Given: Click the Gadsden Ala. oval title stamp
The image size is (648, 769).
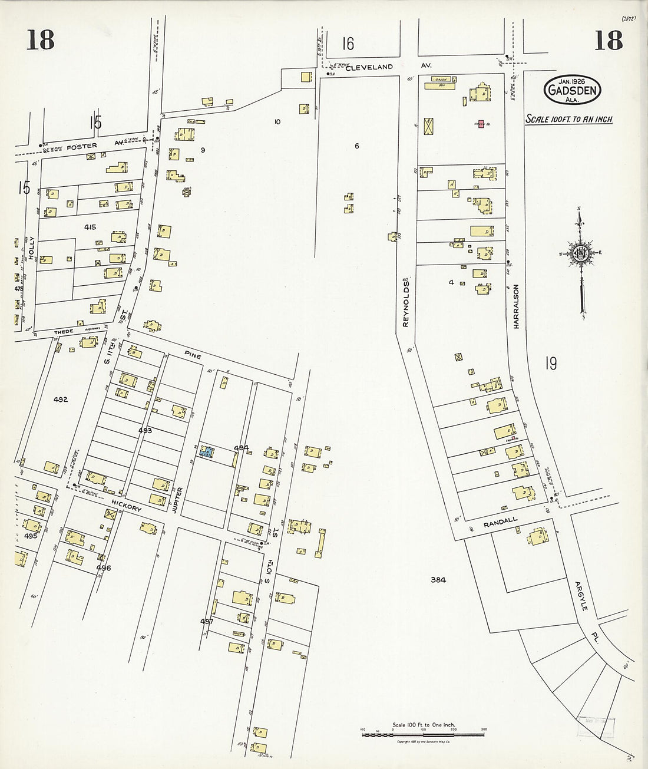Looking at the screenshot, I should click(571, 90).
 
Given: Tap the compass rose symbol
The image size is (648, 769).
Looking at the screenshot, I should click(580, 253).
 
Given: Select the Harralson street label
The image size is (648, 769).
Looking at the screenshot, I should click(516, 306).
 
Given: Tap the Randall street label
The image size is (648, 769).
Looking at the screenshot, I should click(500, 520).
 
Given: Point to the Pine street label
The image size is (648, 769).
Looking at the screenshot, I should click(192, 357).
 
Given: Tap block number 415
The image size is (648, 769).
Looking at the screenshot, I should click(90, 227).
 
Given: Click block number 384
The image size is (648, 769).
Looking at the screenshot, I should click(438, 580).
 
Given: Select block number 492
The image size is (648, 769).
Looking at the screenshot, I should click(60, 400).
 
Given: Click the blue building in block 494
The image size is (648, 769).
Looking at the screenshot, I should click(207, 452).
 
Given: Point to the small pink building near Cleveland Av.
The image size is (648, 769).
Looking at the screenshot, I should click(481, 124).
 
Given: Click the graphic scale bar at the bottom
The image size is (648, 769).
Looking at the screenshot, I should click(423, 734).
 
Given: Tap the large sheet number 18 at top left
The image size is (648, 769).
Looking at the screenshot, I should click(41, 40).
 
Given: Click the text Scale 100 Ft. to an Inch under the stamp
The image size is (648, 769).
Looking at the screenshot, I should click(569, 119).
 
